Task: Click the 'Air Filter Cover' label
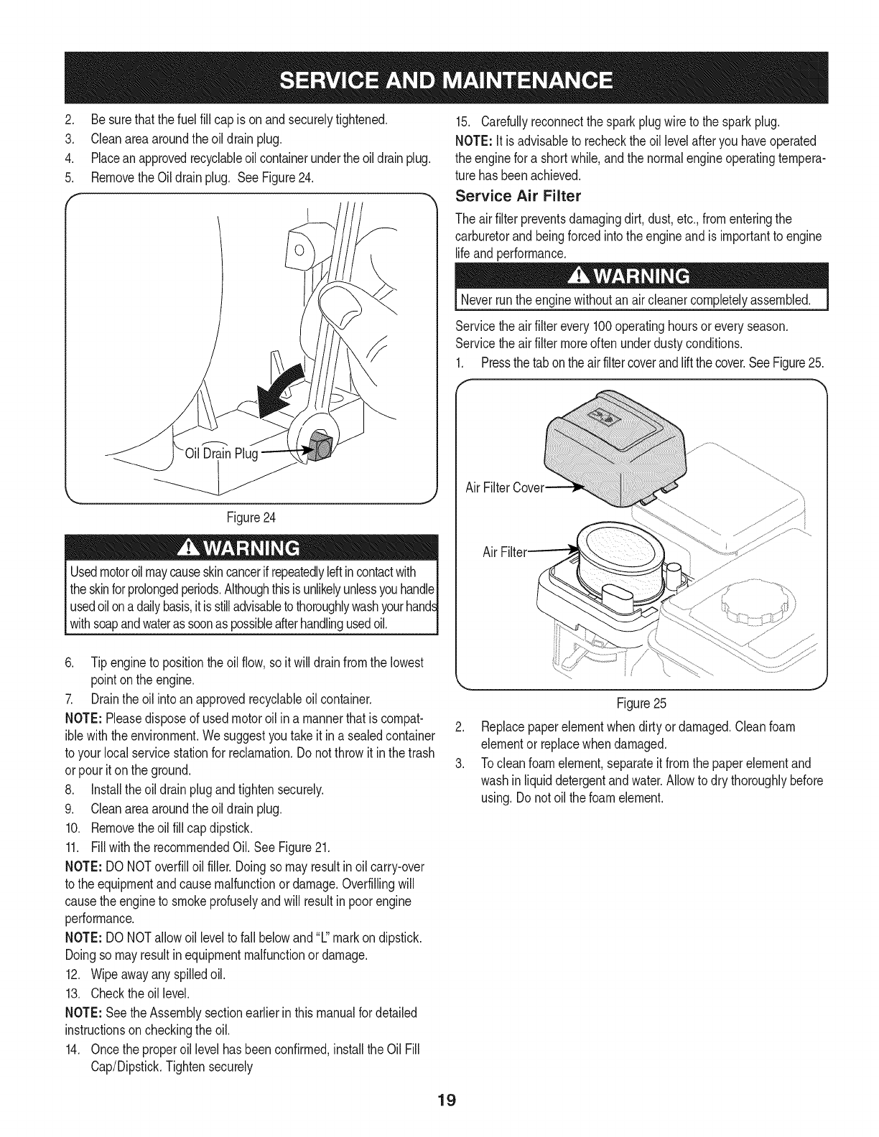tap(506, 489)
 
